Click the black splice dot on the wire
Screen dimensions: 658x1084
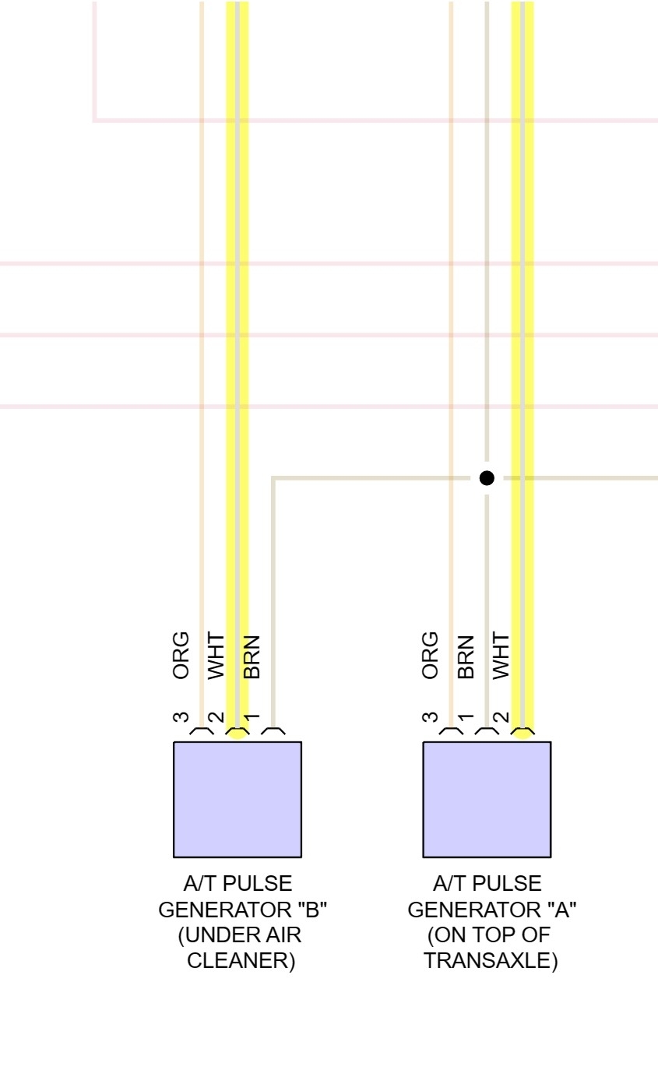pyautogui.click(x=487, y=478)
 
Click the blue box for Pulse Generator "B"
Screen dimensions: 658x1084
pyautogui.click(x=237, y=799)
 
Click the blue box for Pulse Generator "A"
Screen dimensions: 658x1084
pyautogui.click(x=487, y=799)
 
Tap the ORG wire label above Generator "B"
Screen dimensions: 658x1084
pyautogui.click(x=181, y=656)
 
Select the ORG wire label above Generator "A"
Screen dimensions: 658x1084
pyautogui.click(x=430, y=656)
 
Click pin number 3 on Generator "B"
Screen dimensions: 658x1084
pyautogui.click(x=181, y=717)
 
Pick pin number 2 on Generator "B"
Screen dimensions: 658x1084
pyautogui.click(x=216, y=719)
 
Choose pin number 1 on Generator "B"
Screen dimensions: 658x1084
pyautogui.click(x=252, y=717)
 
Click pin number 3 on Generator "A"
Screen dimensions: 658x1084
pyautogui.click(x=430, y=717)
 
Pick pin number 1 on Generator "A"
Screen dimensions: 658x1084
pyautogui.click(x=466, y=717)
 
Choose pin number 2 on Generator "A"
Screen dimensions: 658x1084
pyautogui.click(x=501, y=719)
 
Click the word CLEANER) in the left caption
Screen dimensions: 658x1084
pyautogui.click(x=241, y=961)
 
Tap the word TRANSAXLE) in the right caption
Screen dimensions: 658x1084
pyautogui.click(x=491, y=961)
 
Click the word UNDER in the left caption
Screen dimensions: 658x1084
pyautogui.click(x=217, y=935)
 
